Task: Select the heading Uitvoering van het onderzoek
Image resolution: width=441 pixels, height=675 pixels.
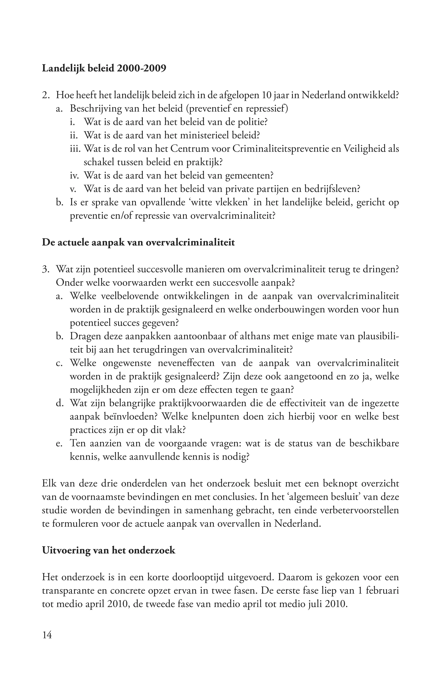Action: (x=109, y=550)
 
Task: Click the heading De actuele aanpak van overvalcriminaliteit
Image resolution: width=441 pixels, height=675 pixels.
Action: (x=138, y=243)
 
